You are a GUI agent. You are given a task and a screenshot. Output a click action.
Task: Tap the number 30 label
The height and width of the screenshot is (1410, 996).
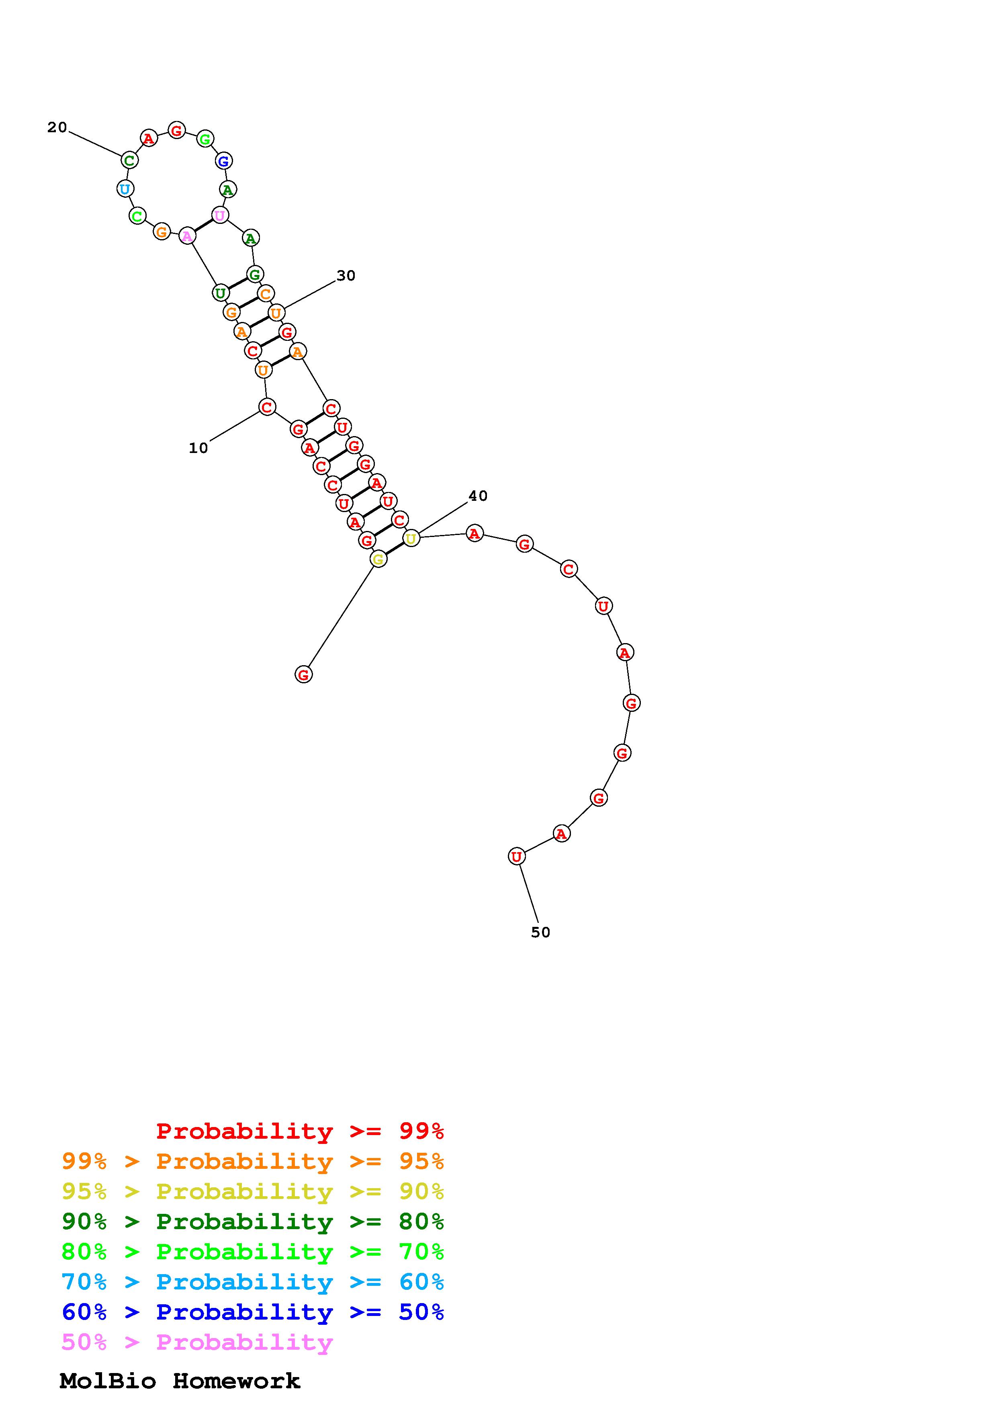point(346,276)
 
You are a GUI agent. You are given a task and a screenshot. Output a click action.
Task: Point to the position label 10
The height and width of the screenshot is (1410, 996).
point(198,448)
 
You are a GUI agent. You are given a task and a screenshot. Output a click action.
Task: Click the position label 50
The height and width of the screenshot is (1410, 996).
point(541,932)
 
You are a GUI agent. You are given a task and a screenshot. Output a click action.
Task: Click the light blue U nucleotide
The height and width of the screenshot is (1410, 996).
point(125,189)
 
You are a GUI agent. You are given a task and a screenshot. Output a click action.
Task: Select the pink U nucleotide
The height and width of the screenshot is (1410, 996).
point(220,215)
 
